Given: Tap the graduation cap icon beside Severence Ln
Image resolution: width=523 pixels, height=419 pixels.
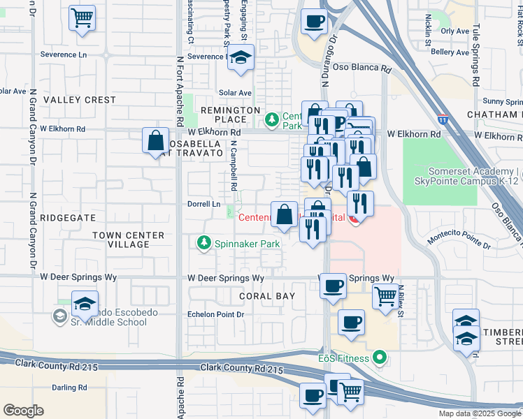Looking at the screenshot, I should click(241, 59).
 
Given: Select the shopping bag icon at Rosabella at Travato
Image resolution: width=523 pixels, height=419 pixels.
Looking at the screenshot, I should click(155, 140).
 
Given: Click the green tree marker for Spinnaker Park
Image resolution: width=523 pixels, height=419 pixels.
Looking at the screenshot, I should click(203, 243).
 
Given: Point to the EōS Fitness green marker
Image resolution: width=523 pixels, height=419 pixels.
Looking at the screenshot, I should click(380, 359).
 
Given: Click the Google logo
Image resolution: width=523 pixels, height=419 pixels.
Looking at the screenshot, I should click(23, 411).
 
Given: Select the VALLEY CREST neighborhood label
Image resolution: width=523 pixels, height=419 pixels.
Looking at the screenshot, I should click(80, 100).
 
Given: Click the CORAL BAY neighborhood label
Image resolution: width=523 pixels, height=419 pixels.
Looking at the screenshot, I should click(266, 296).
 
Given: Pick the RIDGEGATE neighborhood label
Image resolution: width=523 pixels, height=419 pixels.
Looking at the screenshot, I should click(67, 218).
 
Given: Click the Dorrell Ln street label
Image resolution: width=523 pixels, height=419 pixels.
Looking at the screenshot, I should click(204, 204).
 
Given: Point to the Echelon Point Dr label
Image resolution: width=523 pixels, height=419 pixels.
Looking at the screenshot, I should click(216, 315).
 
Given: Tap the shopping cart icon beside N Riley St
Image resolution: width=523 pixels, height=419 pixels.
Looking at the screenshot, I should click(385, 297).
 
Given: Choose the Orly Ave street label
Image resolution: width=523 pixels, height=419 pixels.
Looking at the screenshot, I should click(454, 31).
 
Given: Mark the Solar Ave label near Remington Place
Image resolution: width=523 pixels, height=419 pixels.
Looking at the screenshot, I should click(234, 92).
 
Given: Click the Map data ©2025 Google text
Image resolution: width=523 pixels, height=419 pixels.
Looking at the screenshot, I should click(479, 413).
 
